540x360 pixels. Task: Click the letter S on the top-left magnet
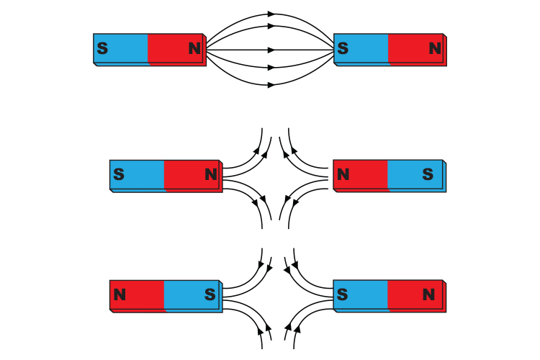point(103,49)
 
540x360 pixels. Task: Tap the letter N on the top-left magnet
point(195,49)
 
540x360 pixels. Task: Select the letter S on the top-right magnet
point(343,49)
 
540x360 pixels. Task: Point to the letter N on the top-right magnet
point(435,49)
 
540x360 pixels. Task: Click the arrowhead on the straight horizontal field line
point(271,50)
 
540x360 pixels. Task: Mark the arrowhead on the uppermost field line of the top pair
point(271,14)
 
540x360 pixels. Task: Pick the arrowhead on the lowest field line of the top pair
point(271,86)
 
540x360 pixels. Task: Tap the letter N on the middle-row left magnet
point(211,174)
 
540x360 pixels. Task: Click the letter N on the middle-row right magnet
point(343,174)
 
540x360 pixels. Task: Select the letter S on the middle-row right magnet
point(428,174)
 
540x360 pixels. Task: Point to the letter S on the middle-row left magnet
point(120,174)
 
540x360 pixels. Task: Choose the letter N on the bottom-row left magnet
point(120,294)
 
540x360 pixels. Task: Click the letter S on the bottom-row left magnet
point(210,294)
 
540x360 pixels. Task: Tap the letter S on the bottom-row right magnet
point(343,294)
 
